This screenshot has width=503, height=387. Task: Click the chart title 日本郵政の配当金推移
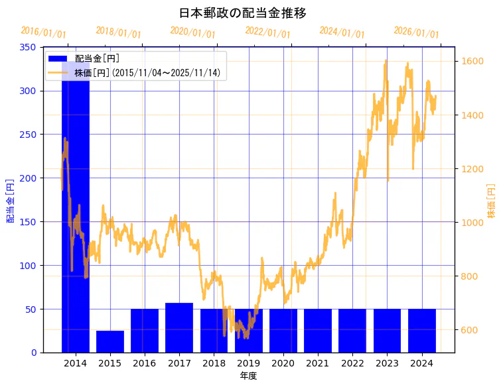242,13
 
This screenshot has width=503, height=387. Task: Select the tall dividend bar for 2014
75,219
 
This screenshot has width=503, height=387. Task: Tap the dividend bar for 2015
110,341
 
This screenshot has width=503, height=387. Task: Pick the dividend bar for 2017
179,327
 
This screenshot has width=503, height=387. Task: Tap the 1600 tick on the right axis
473,62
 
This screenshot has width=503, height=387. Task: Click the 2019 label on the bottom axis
248,363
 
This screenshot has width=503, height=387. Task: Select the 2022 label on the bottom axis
352,363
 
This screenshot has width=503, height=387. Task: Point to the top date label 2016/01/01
44,32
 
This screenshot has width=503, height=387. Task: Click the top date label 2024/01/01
342,32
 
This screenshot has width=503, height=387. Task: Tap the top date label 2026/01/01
416,32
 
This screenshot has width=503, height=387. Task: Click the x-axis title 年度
248,376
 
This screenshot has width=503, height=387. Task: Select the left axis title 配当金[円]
11,200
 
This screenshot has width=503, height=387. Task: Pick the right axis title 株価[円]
491,201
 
